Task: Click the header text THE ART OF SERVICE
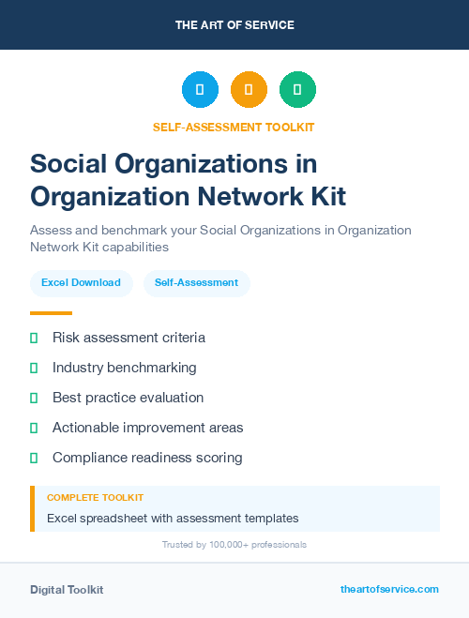(234, 25)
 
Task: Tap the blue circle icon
(200, 90)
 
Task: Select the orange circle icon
(249, 90)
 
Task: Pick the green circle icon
(297, 90)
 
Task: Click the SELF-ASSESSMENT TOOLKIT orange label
(234, 128)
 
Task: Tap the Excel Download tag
(81, 282)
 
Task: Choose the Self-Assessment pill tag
(196, 282)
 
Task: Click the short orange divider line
(51, 313)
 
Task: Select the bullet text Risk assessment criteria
(129, 338)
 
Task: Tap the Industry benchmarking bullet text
(125, 368)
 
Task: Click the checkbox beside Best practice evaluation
(34, 398)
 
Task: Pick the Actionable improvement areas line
(147, 428)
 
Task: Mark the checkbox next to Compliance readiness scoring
(34, 458)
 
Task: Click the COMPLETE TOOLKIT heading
(95, 498)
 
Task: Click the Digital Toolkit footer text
(67, 590)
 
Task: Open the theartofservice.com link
(389, 589)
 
